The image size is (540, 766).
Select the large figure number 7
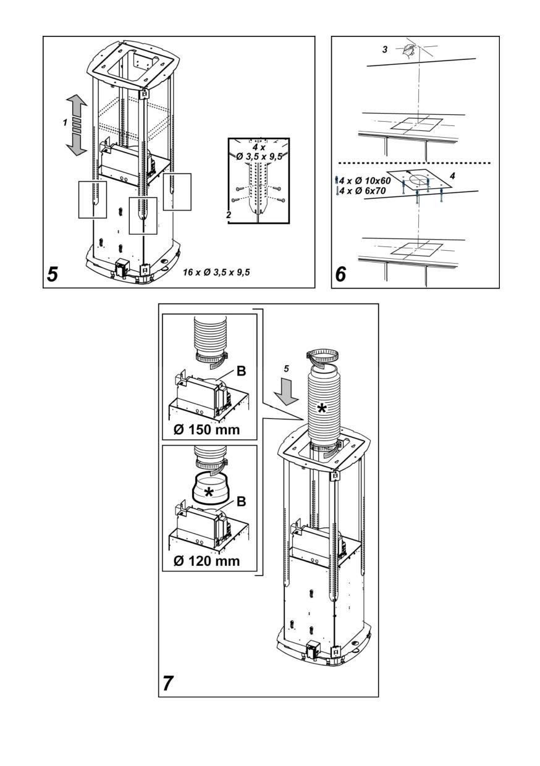pyautogui.click(x=169, y=683)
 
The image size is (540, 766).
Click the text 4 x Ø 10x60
pyautogui.click(x=358, y=180)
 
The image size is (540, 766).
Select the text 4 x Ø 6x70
pyautogui.click(x=356, y=191)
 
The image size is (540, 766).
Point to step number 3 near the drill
pyautogui.click(x=385, y=48)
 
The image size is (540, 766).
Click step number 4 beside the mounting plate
pyautogui.click(x=453, y=176)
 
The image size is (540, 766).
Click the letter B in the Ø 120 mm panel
pyautogui.click(x=242, y=502)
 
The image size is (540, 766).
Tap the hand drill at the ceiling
pyautogui.click(x=407, y=48)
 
